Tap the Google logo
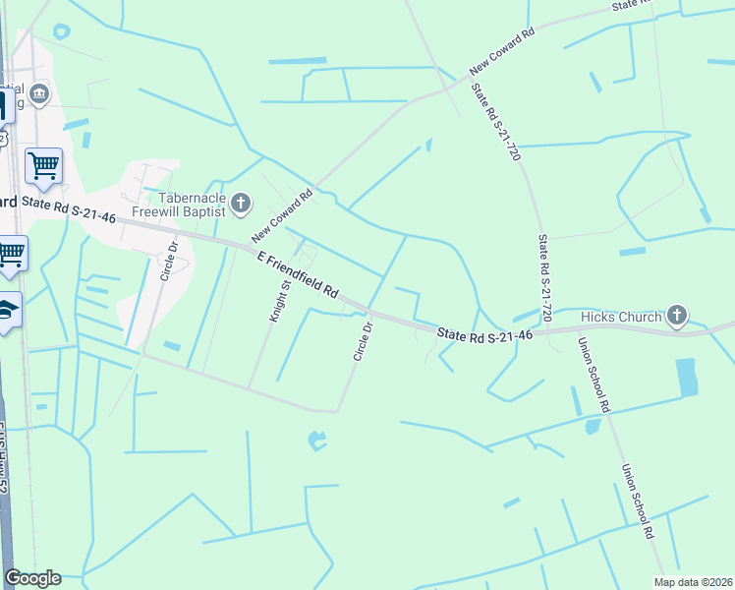[32, 578]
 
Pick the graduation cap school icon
[9, 310]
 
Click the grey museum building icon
[40, 94]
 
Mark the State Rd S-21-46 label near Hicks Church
[484, 335]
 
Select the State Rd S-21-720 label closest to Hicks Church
[545, 278]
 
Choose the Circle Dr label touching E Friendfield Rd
[363, 341]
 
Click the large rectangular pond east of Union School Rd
[687, 378]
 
